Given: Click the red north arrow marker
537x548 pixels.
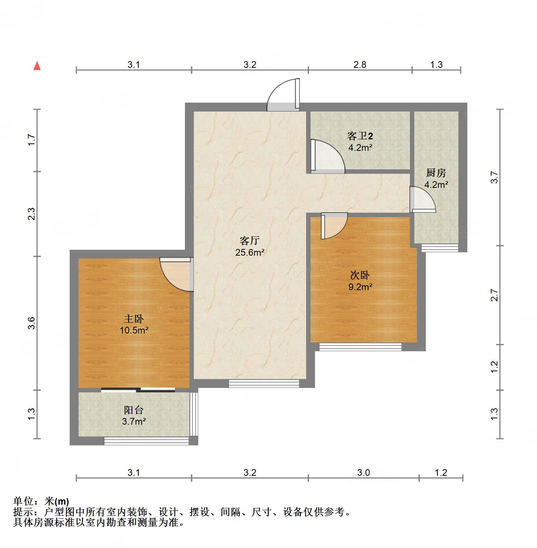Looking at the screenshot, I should pos(37,66).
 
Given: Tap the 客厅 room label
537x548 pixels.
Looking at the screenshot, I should pos(249,241).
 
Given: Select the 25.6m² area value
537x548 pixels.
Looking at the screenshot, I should pos(249,253).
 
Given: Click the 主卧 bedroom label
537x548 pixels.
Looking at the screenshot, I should pos(134,319).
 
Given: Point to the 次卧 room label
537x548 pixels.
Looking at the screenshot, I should pos(359,275).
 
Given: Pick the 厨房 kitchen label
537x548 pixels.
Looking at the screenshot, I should pos(436,173).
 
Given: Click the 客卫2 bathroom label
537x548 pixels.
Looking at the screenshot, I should pos(359,136).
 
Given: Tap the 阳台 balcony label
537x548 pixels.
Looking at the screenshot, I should pos(134,410).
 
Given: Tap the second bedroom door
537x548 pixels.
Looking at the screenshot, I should pos(334,225).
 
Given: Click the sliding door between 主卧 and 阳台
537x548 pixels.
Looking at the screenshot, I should pos(138,389).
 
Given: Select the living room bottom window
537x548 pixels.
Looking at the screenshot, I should pos(263,383).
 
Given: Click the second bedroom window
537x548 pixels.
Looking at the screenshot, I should pos(360,347).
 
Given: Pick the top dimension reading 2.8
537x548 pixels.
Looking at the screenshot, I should pos(359,64).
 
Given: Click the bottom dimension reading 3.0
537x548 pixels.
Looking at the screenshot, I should pos(363,472).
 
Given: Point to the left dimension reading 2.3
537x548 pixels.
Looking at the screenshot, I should pos(32,214).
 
